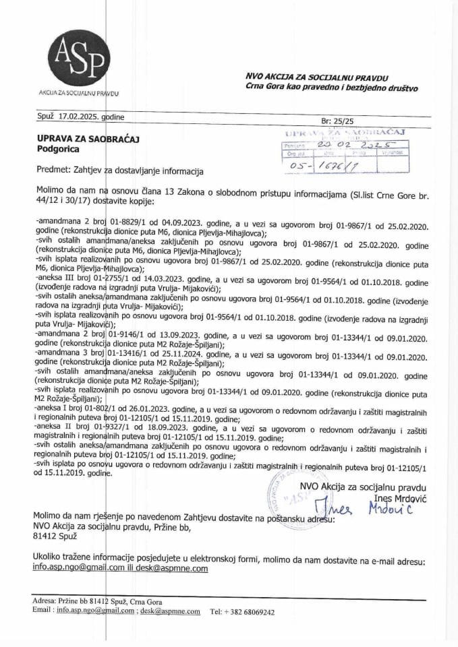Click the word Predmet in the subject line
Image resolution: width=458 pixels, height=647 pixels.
click(50, 171)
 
